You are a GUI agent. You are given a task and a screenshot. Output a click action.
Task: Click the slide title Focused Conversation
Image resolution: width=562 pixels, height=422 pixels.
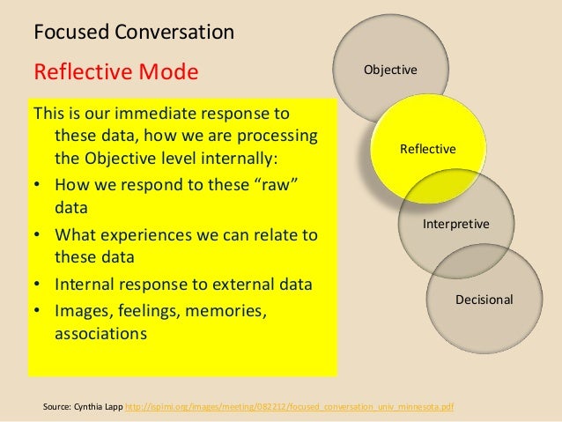coord(133,33)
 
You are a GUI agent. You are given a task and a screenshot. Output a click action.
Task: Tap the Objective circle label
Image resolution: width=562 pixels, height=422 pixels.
coord(391,69)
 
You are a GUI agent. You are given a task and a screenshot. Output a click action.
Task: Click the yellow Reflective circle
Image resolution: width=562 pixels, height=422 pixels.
coord(428,149)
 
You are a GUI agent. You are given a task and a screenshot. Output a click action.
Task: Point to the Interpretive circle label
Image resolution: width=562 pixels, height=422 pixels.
coord(456,226)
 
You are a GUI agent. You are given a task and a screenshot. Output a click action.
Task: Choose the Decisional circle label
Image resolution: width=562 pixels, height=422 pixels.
coord(484,300)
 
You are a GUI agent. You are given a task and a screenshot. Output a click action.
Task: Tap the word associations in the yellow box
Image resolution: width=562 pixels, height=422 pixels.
coord(101,335)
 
